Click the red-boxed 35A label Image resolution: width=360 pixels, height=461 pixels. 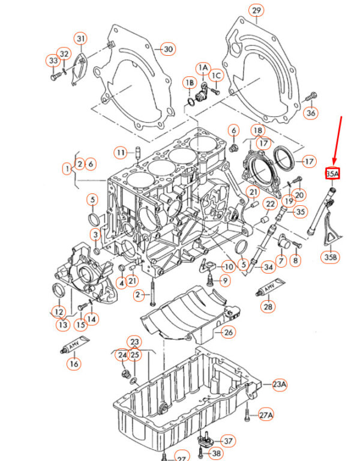click(332, 173)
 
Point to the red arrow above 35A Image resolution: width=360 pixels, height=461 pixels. click(337, 140)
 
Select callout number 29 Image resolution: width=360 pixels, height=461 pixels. click(256, 11)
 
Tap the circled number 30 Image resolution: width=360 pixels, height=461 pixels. click(168, 49)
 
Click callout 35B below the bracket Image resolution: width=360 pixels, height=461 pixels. click(331, 257)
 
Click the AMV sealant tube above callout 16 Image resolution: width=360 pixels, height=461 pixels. click(74, 345)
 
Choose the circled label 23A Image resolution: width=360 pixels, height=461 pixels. click(279, 384)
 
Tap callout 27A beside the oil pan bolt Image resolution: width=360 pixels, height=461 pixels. click(265, 415)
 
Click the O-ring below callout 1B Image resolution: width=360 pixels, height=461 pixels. click(191, 102)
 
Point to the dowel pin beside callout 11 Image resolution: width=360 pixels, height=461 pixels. click(137, 153)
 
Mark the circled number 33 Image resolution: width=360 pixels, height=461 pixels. click(53, 61)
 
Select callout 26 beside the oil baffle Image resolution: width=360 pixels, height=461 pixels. click(228, 332)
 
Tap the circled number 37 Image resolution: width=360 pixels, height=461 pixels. click(228, 441)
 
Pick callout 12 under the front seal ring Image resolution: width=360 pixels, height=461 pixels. click(59, 312)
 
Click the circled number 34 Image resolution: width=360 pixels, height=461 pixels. click(268, 267)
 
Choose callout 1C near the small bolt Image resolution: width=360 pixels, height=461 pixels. click(216, 76)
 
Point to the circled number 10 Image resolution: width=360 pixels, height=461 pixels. click(229, 267)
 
